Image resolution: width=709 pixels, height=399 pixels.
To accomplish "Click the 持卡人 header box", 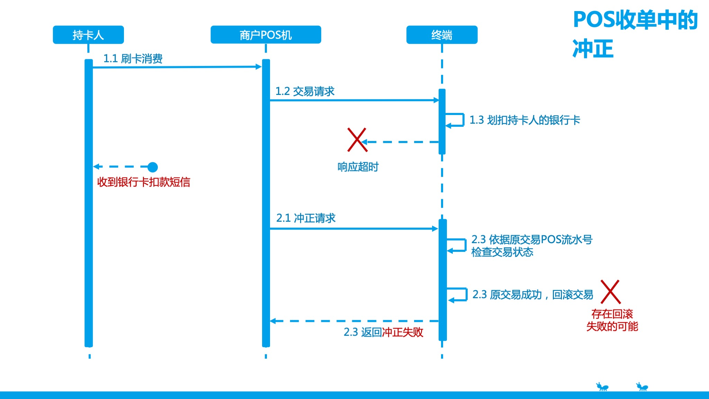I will pyautogui.click(x=88, y=35).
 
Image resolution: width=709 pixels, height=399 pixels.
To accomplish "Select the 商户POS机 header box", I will pyautogui.click(x=266, y=35).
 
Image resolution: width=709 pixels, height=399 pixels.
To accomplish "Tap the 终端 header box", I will pyautogui.click(x=442, y=35).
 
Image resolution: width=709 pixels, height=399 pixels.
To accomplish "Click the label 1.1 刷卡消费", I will pyautogui.click(x=133, y=59).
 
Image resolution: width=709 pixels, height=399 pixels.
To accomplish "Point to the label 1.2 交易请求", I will pyautogui.click(x=305, y=91).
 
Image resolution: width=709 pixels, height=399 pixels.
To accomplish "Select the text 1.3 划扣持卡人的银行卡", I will pyautogui.click(x=524, y=120).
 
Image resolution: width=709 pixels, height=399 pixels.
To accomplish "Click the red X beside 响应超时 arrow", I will pyautogui.click(x=357, y=140).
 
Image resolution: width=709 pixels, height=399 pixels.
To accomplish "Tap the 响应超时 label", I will pyautogui.click(x=358, y=167).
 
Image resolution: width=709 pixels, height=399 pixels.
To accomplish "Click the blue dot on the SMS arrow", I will pyautogui.click(x=153, y=167).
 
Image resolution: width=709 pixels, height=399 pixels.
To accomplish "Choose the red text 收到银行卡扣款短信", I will pyautogui.click(x=144, y=182).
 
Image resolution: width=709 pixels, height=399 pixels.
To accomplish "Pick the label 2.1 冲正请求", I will pyautogui.click(x=306, y=218).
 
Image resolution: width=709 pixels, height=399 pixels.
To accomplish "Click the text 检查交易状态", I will pyautogui.click(x=502, y=252).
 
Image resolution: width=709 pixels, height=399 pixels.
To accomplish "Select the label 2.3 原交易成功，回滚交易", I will pyautogui.click(x=533, y=295).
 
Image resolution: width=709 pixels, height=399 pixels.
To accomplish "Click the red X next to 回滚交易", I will pyautogui.click(x=610, y=292).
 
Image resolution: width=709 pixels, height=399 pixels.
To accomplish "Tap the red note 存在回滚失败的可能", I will pyautogui.click(x=612, y=320).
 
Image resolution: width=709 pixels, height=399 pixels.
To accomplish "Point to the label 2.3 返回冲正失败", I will pyautogui.click(x=383, y=332).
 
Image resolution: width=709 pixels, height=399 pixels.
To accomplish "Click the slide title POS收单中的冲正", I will pyautogui.click(x=635, y=34).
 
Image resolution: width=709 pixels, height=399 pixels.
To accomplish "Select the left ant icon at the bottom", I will pyautogui.click(x=602, y=387).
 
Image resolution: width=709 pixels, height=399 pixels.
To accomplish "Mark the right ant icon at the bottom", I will pyautogui.click(x=642, y=387).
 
